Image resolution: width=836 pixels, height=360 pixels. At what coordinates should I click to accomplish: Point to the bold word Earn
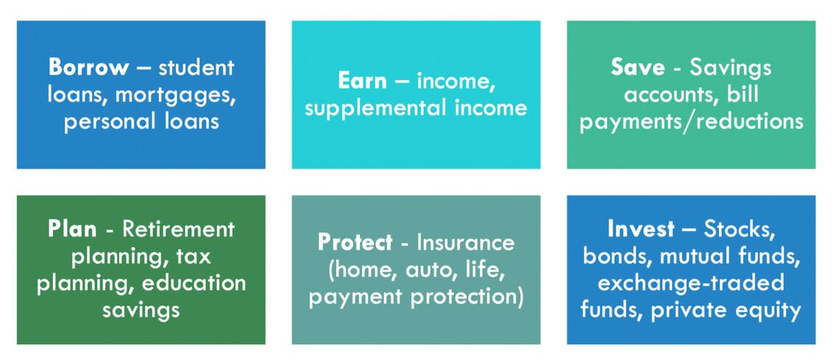(362, 80)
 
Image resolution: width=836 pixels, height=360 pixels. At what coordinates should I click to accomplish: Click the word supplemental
(372, 107)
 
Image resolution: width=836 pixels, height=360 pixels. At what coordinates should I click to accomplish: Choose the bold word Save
(636, 67)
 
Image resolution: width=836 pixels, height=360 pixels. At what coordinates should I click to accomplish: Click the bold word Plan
(72, 228)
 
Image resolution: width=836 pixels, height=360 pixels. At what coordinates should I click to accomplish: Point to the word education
(196, 283)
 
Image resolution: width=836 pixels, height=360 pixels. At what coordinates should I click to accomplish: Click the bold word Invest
(641, 228)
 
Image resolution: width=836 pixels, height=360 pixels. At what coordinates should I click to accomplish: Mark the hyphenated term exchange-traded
(691, 283)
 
